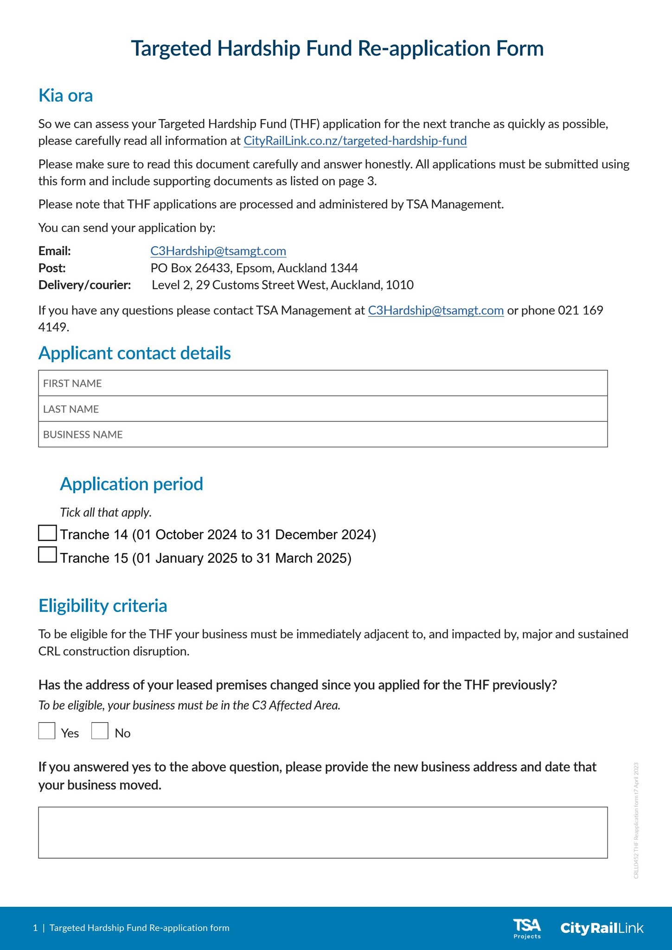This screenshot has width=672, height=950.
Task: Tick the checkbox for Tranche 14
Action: pos(47,533)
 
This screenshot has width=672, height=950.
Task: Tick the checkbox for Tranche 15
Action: pos(47,555)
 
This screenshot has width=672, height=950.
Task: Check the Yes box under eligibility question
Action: pos(47,731)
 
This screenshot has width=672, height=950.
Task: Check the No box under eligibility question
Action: pos(100,731)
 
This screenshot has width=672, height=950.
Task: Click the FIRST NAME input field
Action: pos(323,383)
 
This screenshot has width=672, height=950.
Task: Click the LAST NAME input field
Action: pos(323,409)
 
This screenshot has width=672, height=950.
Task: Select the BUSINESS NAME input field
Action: pos(323,435)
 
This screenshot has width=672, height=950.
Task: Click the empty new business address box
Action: pos(323,832)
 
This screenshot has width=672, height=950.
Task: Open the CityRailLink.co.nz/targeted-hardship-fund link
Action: pos(355,141)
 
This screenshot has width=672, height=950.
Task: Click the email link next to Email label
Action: pos(218,251)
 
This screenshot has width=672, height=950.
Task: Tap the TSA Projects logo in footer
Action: pos(527,928)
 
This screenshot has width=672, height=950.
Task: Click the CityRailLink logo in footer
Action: pos(602,928)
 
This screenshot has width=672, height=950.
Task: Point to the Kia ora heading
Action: pos(65,96)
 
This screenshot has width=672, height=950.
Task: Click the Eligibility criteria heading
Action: pos(102,606)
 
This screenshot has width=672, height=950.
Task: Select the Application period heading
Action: pos(131,484)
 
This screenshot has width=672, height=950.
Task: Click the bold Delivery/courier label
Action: pos(84,285)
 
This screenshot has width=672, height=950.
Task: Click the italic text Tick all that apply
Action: pos(106,513)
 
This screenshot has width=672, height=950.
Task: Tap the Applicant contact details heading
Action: pos(134,353)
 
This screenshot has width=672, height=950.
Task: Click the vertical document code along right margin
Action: pos(636,821)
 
